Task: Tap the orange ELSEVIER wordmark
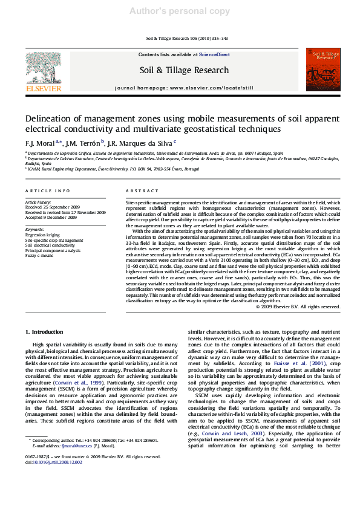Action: click(43, 88)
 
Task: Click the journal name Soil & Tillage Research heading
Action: click(184, 70)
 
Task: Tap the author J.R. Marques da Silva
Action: click(141, 143)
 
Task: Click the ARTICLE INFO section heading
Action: click(48, 190)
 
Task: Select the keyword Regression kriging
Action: click(42, 235)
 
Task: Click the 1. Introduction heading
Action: click(44, 332)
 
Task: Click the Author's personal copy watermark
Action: click(180, 10)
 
